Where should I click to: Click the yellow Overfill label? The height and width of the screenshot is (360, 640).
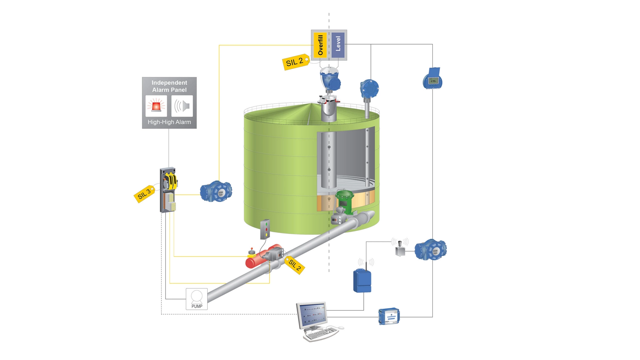click(x=320, y=45)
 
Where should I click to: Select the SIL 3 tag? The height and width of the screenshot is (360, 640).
click(x=144, y=194)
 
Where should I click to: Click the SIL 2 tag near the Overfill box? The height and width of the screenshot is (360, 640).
click(x=295, y=62)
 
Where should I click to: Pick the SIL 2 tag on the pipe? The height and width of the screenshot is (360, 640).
click(x=295, y=265)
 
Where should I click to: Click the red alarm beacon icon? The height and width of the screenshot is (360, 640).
click(x=156, y=106)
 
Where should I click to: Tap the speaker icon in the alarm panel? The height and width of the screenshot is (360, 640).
click(x=182, y=106)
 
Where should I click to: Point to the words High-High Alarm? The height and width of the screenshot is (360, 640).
click(x=169, y=122)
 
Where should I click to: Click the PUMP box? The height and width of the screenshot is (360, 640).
click(x=197, y=299)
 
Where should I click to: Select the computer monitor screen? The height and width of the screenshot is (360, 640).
click(x=311, y=314)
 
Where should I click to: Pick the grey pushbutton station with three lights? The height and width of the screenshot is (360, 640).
click(x=265, y=229)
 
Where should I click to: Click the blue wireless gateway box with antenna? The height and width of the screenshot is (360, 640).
click(x=362, y=281)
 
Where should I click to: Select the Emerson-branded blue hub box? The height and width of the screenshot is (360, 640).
click(x=389, y=316)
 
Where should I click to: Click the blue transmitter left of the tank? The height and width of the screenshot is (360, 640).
click(x=216, y=191)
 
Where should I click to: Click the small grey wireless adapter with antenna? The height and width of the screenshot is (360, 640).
click(x=400, y=249)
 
